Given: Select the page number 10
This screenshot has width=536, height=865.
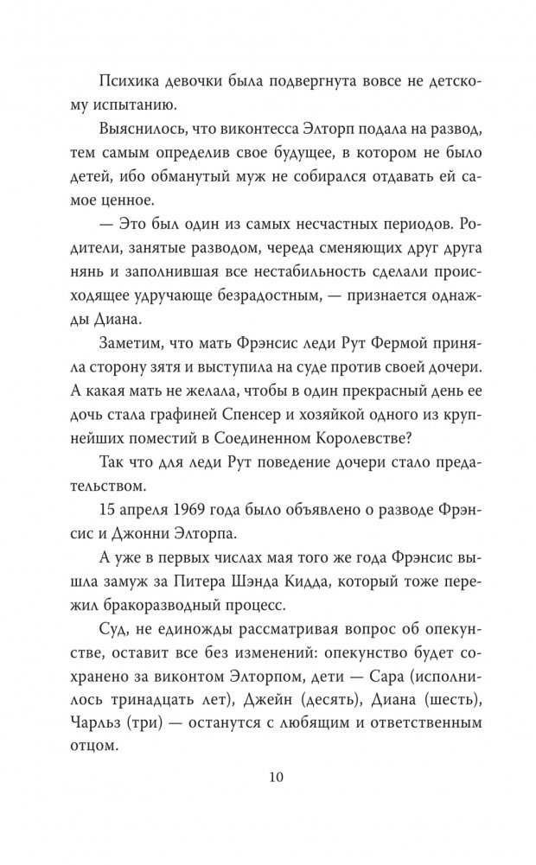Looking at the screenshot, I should [x=268, y=775].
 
